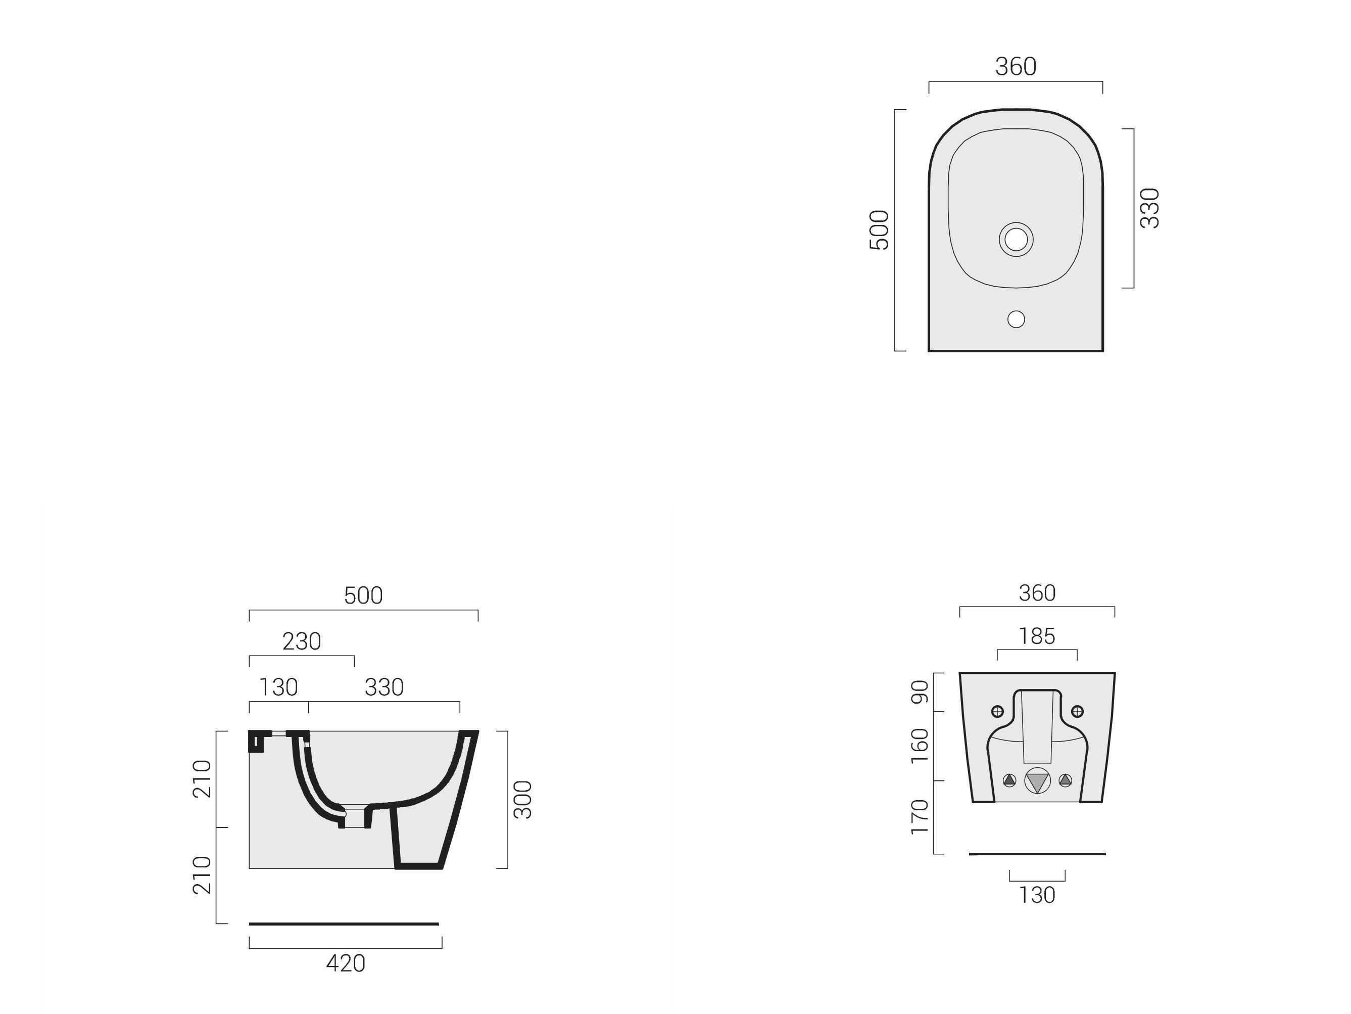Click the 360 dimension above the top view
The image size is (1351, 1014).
pyautogui.click(x=1015, y=67)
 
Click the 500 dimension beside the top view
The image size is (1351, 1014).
pyautogui.click(x=879, y=230)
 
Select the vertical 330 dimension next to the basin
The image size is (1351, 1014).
pyautogui.click(x=1149, y=208)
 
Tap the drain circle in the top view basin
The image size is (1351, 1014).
pyautogui.click(x=1016, y=240)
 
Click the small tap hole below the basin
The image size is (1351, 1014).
pyautogui.click(x=1016, y=319)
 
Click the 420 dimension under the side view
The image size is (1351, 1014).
pyautogui.click(x=345, y=964)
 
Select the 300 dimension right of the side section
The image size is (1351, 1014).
pyautogui.click(x=522, y=800)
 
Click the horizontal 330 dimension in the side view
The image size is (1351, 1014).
pyautogui.click(x=383, y=687)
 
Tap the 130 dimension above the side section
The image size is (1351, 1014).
pyautogui.click(x=278, y=687)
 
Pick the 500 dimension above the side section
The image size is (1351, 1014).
pyautogui.click(x=363, y=596)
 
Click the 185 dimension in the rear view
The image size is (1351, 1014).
pyautogui.click(x=1036, y=637)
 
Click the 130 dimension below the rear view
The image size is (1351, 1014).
pyautogui.click(x=1036, y=895)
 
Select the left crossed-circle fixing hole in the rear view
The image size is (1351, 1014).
pyautogui.click(x=997, y=711)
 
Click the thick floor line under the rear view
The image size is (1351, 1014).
pyautogui.click(x=1036, y=854)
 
